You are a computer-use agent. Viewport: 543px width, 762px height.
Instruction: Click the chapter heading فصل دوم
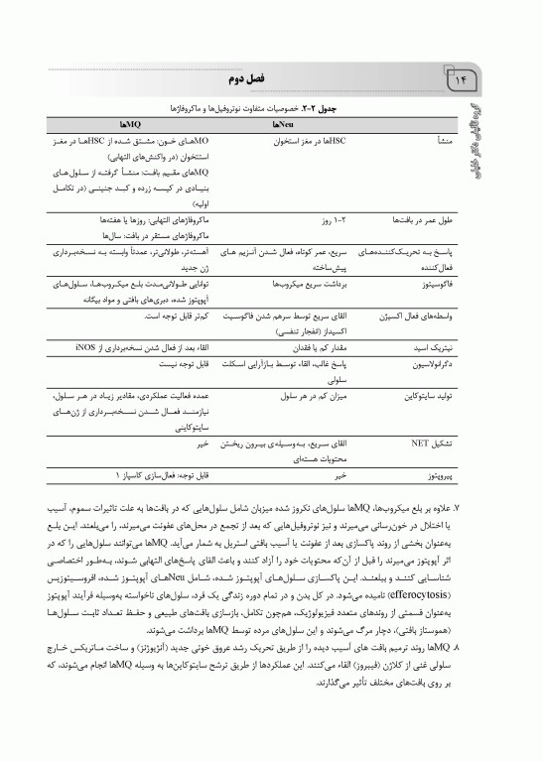272,76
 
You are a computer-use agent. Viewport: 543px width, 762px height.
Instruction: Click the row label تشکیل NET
430,444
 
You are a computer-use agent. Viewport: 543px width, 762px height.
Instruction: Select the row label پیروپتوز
436,476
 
